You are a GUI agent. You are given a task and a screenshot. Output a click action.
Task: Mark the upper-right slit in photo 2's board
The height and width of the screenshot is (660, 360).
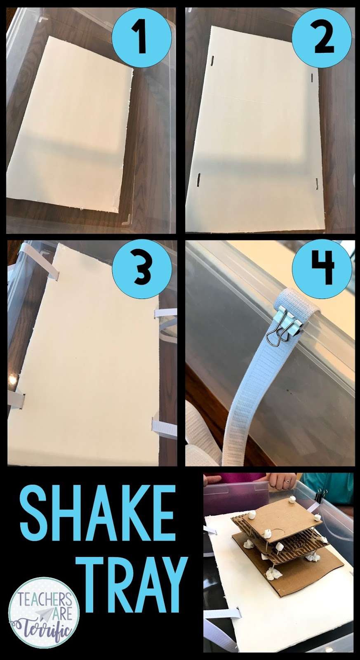[x=312, y=78]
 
